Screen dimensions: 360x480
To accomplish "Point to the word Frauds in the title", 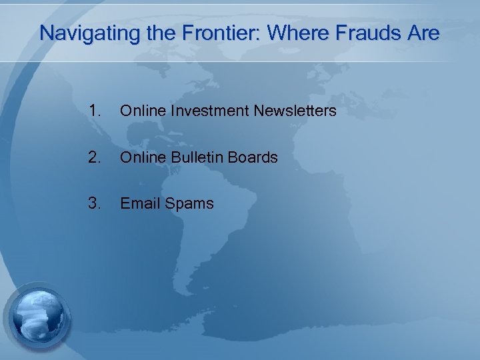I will click(x=364, y=33).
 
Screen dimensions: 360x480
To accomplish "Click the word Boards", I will click(x=253, y=157).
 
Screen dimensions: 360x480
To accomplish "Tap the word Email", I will click(x=138, y=203).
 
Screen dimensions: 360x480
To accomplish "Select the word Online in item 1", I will click(x=140, y=111).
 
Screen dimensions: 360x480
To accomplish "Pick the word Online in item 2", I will click(x=140, y=157).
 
